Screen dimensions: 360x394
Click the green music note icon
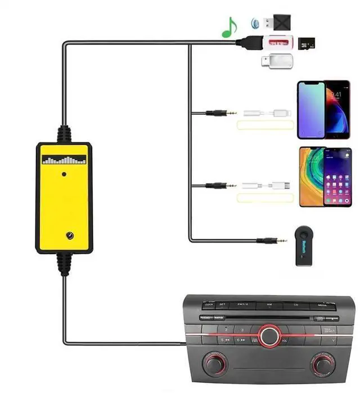[x=228, y=28]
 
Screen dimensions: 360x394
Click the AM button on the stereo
[x=269, y=304]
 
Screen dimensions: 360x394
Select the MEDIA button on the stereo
[x=322, y=305]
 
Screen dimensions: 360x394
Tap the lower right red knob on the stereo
[x=322, y=365]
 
